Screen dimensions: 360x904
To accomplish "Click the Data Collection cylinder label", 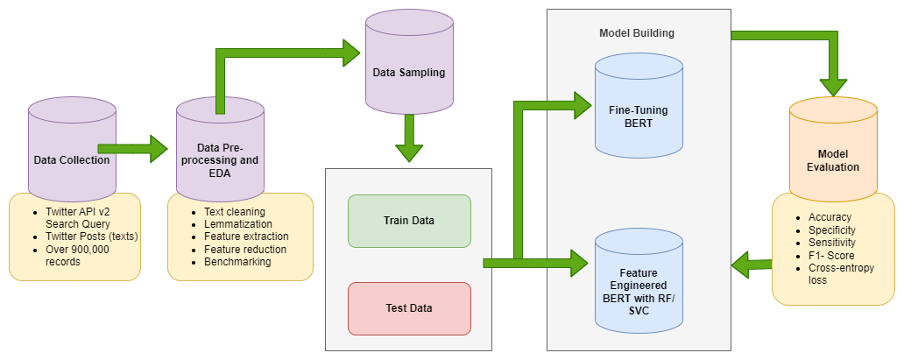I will (72, 159).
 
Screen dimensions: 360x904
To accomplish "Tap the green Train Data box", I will (409, 221).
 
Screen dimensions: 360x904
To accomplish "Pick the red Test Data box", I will (409, 307).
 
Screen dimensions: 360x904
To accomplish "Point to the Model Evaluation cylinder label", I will (832, 159).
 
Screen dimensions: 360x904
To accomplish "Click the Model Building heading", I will (637, 32).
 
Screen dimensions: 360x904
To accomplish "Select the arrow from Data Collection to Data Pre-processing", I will (131, 149).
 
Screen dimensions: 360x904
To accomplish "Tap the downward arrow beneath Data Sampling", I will (409, 140).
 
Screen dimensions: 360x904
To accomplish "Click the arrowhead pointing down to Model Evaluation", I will (832, 85).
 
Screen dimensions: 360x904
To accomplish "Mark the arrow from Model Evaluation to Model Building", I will (752, 261).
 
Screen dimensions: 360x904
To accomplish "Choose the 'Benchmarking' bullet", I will (237, 261).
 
